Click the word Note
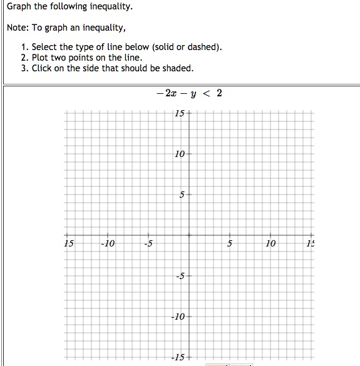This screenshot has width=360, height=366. (18, 28)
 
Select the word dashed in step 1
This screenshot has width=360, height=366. (204, 47)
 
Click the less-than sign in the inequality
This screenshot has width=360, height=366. (205, 94)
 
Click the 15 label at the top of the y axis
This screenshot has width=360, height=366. (179, 113)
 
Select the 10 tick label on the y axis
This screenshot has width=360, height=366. (180, 154)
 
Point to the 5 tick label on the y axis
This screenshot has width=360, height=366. (182, 195)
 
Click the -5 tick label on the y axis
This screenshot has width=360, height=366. (180, 276)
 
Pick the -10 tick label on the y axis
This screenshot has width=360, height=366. (178, 317)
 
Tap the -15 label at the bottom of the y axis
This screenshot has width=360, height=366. (178, 357)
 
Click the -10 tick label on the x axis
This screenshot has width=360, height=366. (108, 243)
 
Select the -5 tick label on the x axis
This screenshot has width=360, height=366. (148, 243)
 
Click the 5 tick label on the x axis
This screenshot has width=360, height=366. (230, 243)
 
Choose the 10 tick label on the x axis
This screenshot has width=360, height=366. (270, 243)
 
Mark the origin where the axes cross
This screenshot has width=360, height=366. (189, 235)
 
